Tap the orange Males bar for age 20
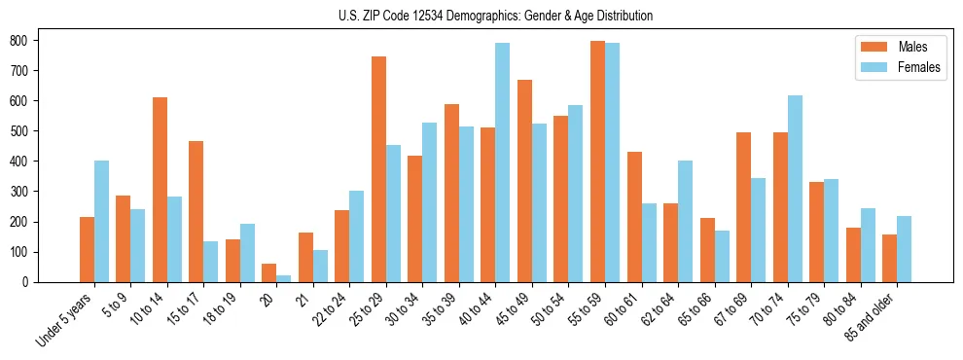[269, 272]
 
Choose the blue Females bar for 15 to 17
[211, 262]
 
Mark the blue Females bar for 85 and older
[905, 249]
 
